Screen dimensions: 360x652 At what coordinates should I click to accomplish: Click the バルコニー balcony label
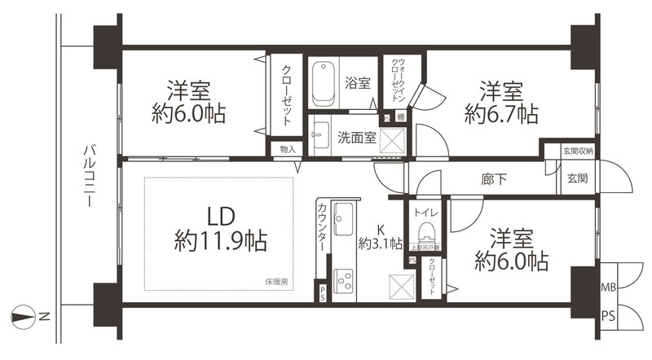pyautogui.click(x=86, y=174)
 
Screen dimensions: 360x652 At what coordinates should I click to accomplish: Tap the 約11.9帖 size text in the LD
pyautogui.click(x=221, y=241)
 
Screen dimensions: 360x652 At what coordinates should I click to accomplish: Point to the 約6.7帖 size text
pyautogui.click(x=500, y=113)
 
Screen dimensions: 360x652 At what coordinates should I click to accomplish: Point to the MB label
pyautogui.click(x=608, y=288)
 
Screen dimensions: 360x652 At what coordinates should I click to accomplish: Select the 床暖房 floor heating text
pyautogui.click(x=275, y=281)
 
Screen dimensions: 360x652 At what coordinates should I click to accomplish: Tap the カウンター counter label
pyautogui.click(x=321, y=226)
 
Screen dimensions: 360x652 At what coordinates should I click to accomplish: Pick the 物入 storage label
pyautogui.click(x=287, y=149)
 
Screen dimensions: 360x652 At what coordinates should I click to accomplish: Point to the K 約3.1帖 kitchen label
pyautogui.click(x=380, y=236)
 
